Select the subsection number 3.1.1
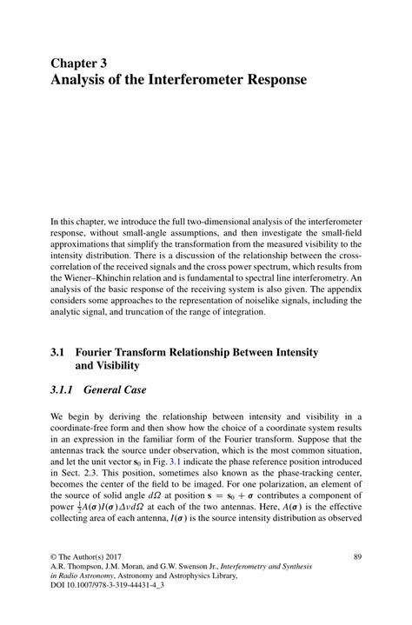(x=65, y=391)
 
